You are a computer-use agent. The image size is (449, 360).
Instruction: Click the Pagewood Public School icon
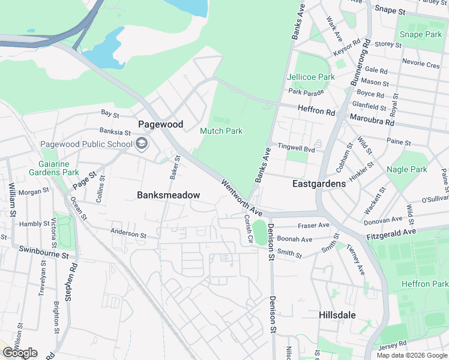tap(142, 144)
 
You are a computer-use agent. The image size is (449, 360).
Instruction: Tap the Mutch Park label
tap(221, 131)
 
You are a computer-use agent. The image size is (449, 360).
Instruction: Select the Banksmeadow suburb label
tap(168, 195)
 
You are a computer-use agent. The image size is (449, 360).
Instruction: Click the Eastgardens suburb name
tap(319, 184)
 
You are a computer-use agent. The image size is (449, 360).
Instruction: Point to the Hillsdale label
tap(337, 315)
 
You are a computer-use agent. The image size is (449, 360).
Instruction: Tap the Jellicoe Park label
tap(311, 77)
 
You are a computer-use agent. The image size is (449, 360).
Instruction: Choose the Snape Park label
tap(420, 34)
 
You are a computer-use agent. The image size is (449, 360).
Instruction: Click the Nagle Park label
tap(407, 170)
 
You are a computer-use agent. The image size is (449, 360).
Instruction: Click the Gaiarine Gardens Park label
tap(53, 168)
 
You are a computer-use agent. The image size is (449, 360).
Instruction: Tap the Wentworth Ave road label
tap(242, 198)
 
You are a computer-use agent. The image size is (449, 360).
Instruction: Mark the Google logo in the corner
tap(20, 353)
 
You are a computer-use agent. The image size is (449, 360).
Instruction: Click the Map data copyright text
tap(411, 355)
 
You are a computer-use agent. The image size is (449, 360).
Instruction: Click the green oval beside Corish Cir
tap(259, 232)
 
